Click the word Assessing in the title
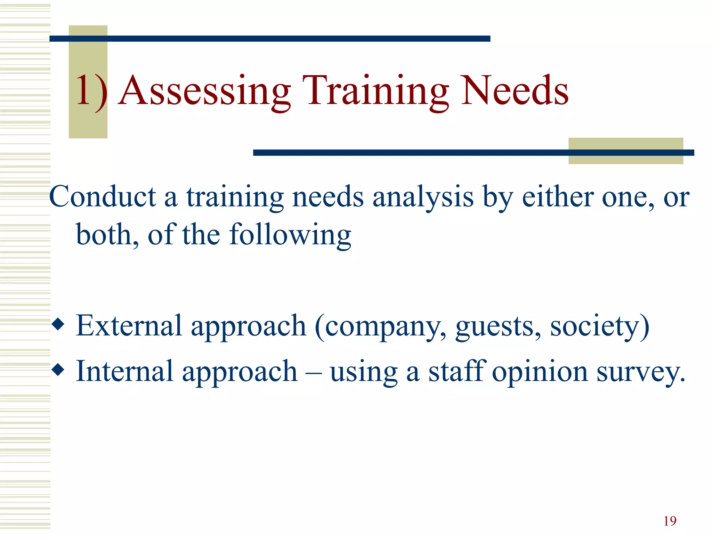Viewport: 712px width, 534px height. (x=204, y=91)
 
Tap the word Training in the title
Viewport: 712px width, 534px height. (x=375, y=91)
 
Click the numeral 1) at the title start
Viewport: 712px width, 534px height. (x=91, y=91)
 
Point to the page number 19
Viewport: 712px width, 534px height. (x=670, y=521)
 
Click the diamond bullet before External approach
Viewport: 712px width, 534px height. (x=58, y=325)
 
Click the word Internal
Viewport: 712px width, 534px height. (x=124, y=371)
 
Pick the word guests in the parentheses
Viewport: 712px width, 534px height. (x=498, y=327)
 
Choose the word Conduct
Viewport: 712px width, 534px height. (x=103, y=197)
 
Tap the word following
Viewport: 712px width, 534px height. (x=290, y=235)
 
